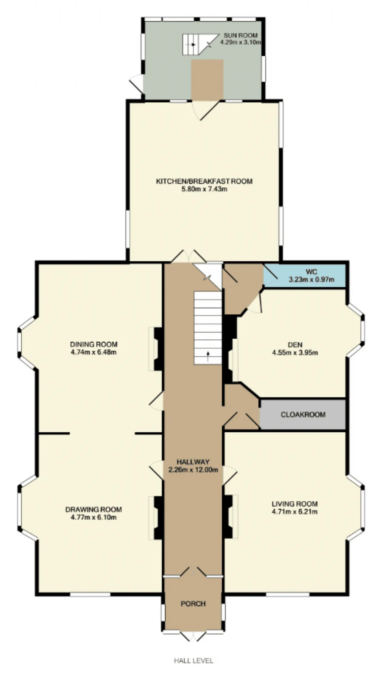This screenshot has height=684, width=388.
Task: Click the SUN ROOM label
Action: pyautogui.click(x=240, y=35)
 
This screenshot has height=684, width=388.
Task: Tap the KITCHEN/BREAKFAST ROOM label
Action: pyautogui.click(x=204, y=181)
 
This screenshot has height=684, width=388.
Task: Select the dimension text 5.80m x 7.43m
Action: pyautogui.click(x=204, y=189)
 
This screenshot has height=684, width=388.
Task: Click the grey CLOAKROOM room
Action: pyautogui.click(x=303, y=414)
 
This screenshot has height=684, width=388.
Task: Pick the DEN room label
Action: pyautogui.click(x=295, y=345)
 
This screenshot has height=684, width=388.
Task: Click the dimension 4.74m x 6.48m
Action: pyautogui.click(x=94, y=352)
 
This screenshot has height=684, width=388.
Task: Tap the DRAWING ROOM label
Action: pyautogui.click(x=94, y=510)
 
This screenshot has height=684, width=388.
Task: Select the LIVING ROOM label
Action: pyautogui.click(x=295, y=504)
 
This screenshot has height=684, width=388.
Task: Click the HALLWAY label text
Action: pyautogui.click(x=193, y=462)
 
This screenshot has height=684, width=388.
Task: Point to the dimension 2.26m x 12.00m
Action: pyautogui.click(x=193, y=470)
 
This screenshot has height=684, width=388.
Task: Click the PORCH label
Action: pyautogui.click(x=193, y=604)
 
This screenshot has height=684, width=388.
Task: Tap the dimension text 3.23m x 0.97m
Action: pyautogui.click(x=312, y=279)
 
